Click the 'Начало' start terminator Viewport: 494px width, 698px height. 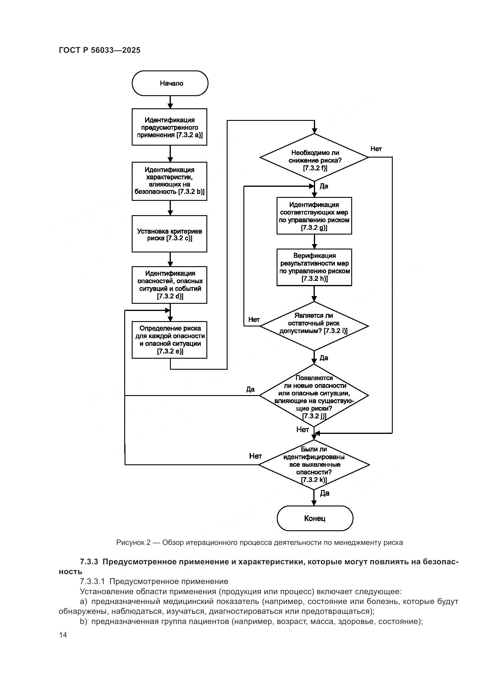(170, 83)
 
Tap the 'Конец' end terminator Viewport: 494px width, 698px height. (314, 518)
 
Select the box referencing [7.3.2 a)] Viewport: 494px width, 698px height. (169, 127)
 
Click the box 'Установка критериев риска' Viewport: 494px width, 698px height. (169, 234)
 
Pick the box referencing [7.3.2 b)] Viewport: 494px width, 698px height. (169, 181)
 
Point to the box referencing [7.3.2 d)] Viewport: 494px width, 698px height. (169, 285)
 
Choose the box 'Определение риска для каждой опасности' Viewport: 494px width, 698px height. (169, 340)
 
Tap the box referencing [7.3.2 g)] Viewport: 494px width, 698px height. (314, 216)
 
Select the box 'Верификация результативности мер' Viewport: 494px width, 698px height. (314, 267)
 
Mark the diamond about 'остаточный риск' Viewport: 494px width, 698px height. (314, 326)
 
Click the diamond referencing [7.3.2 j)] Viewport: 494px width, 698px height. (314, 395)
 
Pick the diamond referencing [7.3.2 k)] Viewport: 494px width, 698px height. (314, 464)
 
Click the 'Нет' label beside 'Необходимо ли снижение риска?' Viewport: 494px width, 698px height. (376, 149)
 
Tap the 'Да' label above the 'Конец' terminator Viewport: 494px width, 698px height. (325, 493)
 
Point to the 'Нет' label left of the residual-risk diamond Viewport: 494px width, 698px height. (254, 320)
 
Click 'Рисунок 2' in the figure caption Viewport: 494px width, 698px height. (133, 543)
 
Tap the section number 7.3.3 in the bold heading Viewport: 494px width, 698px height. (89, 562)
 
